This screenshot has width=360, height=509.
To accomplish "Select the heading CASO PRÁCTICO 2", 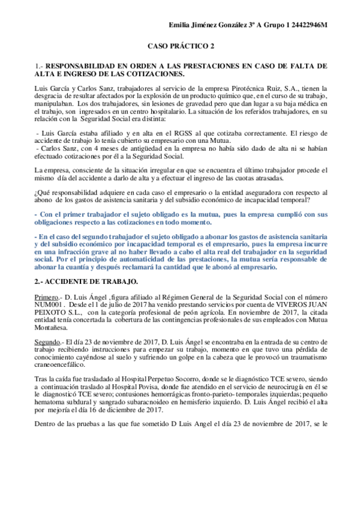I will [x=181, y=46].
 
